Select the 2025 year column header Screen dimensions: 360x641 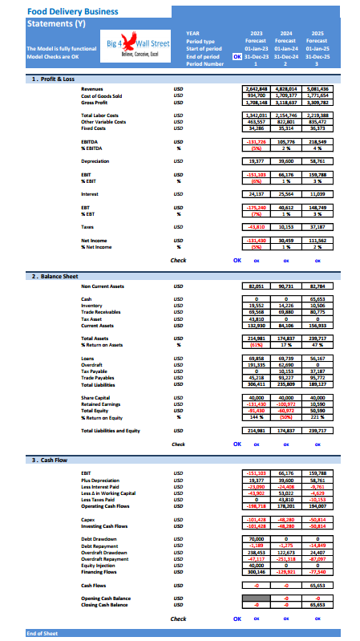[x=317, y=33]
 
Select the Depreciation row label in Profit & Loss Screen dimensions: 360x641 [x=96, y=160]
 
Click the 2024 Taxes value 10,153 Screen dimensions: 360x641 [x=286, y=227]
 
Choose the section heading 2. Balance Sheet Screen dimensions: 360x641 [x=56, y=275]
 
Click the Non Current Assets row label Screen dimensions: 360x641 [x=105, y=286]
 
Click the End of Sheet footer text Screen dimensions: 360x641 [x=41, y=634]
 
